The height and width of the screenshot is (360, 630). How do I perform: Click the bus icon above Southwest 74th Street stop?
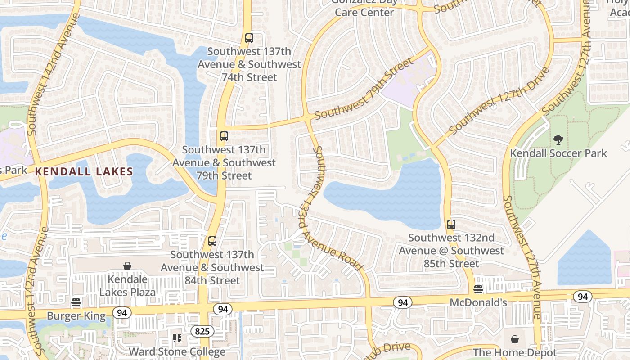[x=249, y=38]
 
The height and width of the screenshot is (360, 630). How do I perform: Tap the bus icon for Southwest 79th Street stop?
[x=224, y=136]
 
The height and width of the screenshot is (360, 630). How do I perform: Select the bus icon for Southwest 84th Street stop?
[x=212, y=241]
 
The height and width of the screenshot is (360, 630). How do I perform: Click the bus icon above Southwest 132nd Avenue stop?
[x=451, y=224]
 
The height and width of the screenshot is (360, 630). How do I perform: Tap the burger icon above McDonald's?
[x=478, y=288]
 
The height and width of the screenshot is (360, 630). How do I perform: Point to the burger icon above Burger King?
[x=76, y=301]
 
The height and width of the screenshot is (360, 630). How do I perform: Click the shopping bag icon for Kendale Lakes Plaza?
[x=127, y=266]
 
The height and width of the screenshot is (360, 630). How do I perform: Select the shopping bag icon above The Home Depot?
[x=515, y=339]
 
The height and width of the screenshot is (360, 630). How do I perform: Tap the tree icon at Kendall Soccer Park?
[x=558, y=140]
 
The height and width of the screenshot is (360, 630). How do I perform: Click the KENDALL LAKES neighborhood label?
[x=84, y=171]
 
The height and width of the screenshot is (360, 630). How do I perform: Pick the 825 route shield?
[x=202, y=332]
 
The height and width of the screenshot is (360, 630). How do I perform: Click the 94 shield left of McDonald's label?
[x=403, y=302]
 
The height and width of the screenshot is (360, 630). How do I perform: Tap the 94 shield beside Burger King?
[x=121, y=312]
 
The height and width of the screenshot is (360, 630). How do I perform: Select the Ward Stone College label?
[x=177, y=351]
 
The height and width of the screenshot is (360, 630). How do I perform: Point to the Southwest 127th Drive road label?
[x=499, y=101]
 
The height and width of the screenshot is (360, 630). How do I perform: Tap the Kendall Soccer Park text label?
[x=558, y=153]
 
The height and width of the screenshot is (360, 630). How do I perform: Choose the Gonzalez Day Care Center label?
[x=364, y=8]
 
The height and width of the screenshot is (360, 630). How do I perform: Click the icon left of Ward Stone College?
[x=177, y=338]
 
